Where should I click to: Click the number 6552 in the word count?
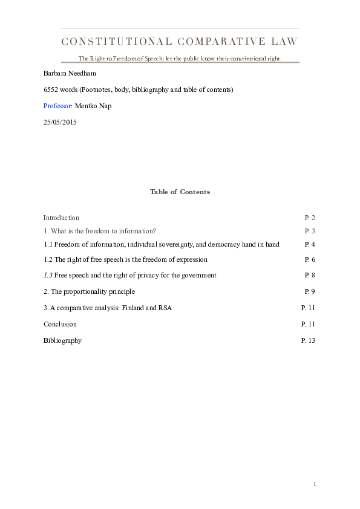click(51, 89)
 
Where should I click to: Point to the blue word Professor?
click(57, 106)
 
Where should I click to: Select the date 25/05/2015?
click(60, 122)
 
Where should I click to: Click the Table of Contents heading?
click(180, 192)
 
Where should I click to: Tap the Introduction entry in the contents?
click(61, 218)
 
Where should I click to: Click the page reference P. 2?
click(310, 218)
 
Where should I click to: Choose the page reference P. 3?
click(310, 231)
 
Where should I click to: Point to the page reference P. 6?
click(310, 259)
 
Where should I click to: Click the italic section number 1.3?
click(48, 275)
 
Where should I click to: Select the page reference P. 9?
click(310, 291)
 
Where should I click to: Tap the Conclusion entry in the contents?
click(60, 324)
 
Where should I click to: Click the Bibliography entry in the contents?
click(62, 340)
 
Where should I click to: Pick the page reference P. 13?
click(308, 340)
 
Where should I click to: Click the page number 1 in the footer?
click(315, 484)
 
